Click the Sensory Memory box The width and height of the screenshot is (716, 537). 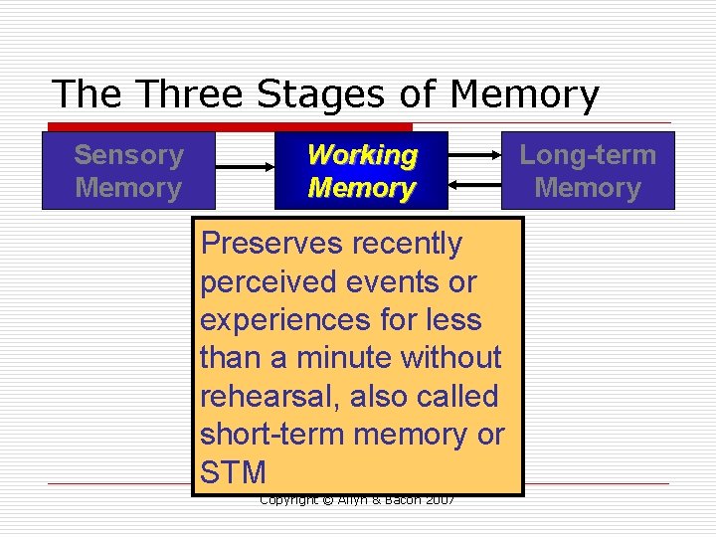pos(128,170)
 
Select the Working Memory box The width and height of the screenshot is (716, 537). pos(361,170)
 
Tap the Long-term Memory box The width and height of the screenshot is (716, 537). pos(588,170)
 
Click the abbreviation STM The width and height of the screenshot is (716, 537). pos(233,472)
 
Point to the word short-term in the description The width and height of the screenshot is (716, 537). pos(263,435)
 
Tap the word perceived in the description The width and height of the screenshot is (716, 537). pos(268,282)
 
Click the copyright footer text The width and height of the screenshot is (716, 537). pos(356,500)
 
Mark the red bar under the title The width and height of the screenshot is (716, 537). pos(230,127)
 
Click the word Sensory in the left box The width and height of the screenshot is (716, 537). pos(128,155)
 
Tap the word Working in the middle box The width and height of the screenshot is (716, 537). pos(362,155)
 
